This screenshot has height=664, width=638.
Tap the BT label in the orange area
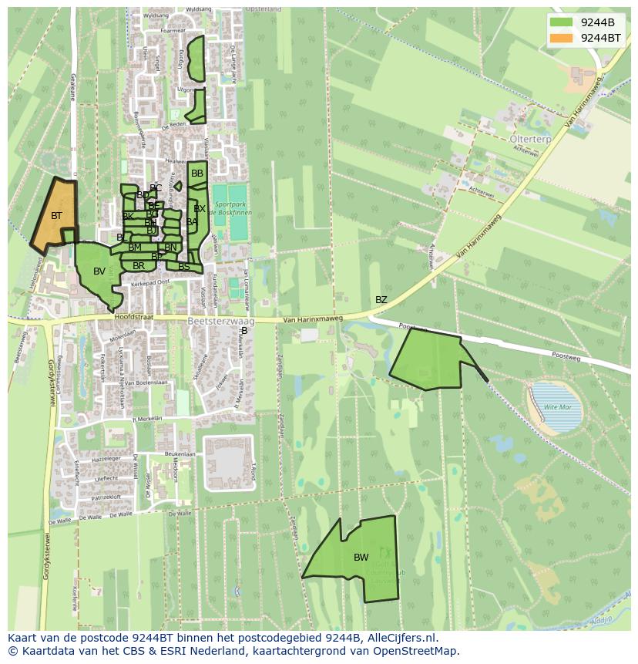coord(56,216)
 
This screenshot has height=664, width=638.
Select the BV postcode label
coord(99,271)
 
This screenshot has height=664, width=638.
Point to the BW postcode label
coord(361,558)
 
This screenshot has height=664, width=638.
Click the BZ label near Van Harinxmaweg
coord(381,300)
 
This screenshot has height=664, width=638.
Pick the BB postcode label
coord(197,174)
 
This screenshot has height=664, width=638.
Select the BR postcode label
coord(139,266)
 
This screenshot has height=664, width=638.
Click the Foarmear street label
coord(173,31)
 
